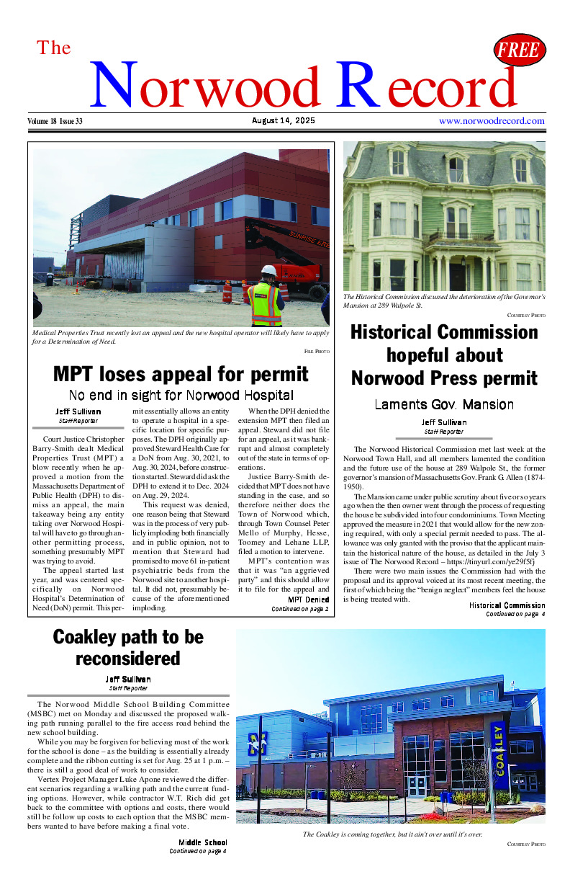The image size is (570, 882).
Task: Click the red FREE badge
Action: click(x=519, y=50)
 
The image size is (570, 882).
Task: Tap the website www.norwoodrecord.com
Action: click(x=492, y=121)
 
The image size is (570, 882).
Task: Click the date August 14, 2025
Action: click(x=284, y=121)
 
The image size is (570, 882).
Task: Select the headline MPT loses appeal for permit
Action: click(x=181, y=374)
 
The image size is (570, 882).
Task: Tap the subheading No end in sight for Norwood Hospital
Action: click(x=181, y=395)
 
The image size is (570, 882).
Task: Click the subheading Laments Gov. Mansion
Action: click(x=444, y=404)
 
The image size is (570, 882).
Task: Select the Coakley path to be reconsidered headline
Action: click(x=128, y=648)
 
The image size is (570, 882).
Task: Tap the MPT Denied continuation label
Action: click(x=308, y=600)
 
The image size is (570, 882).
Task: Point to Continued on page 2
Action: click(x=299, y=609)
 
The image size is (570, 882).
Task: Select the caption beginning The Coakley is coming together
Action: click(x=392, y=834)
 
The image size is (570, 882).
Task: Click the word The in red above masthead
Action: click(x=54, y=48)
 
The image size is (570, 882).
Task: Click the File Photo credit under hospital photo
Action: click(x=317, y=351)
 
